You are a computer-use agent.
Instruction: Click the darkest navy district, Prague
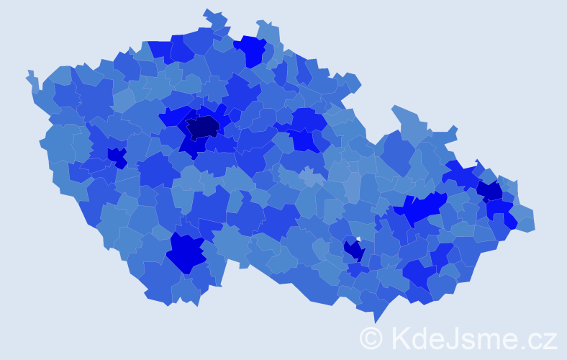(203, 127)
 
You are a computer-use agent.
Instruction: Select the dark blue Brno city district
(354, 250)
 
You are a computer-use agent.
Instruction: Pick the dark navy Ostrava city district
(490, 190)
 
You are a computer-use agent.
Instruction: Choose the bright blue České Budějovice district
(186, 252)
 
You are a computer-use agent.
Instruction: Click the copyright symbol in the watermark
(371, 338)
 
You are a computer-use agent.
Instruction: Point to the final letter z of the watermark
(549, 341)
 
